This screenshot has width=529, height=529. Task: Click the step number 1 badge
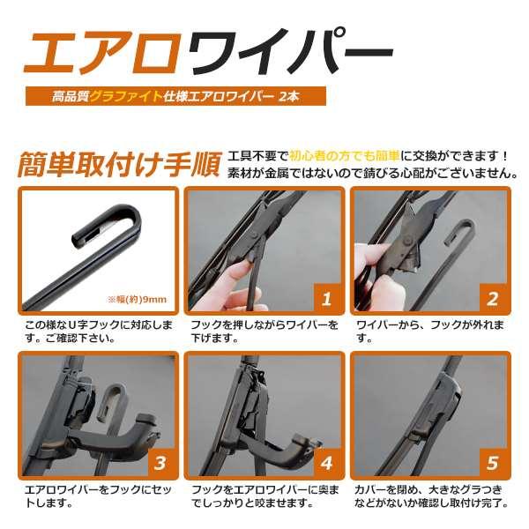tap(326, 299)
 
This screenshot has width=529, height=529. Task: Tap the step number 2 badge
tap(493, 299)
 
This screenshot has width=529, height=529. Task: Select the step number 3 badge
tap(160, 463)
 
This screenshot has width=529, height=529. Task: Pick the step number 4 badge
tap(326, 463)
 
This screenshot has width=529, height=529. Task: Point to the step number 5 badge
tap(493, 463)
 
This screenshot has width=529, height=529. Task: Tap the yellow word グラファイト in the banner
tap(126, 96)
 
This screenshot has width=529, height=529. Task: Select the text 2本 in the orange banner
tap(289, 96)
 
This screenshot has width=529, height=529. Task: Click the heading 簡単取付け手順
tap(119, 165)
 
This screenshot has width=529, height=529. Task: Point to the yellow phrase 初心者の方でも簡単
tap(345, 156)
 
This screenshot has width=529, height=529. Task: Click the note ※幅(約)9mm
tap(137, 299)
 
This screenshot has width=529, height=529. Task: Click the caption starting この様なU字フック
tap(99, 331)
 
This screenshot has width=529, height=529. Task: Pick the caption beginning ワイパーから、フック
tap(430, 331)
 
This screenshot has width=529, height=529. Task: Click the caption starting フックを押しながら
tap(264, 331)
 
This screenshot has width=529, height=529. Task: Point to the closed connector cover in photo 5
tap(436, 405)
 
